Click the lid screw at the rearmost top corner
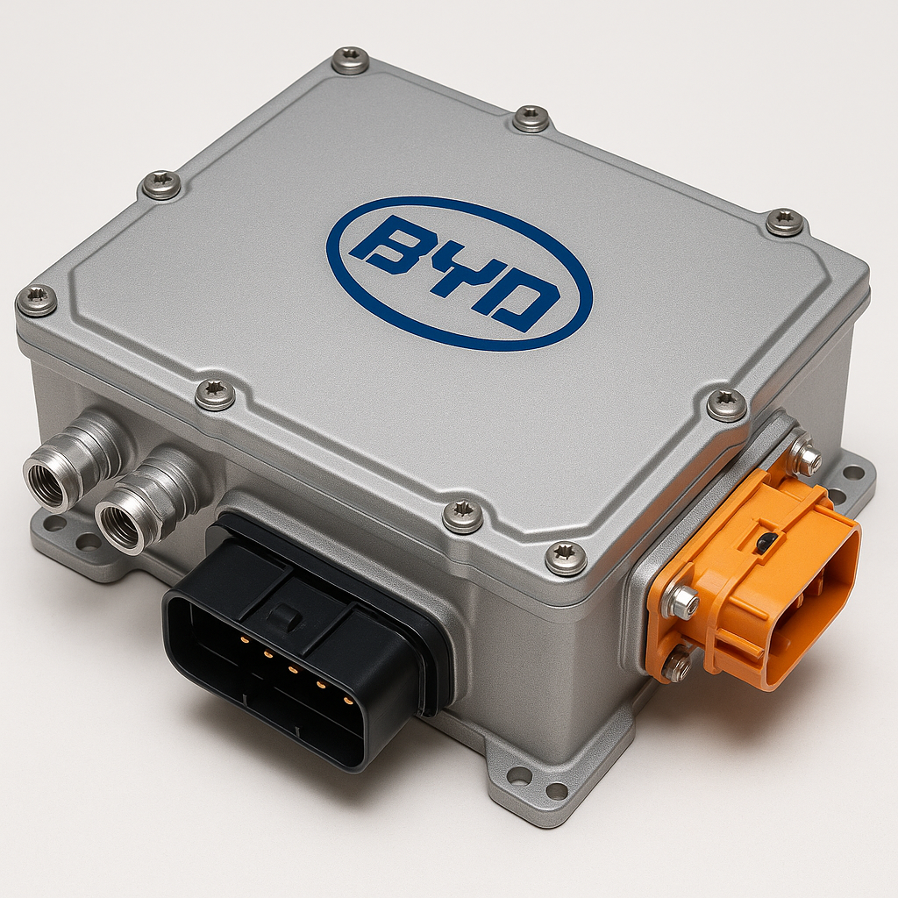click(351, 61)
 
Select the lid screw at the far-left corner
click(37, 301)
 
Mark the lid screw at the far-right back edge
click(784, 222)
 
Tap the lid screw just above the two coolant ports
click(215, 394)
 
